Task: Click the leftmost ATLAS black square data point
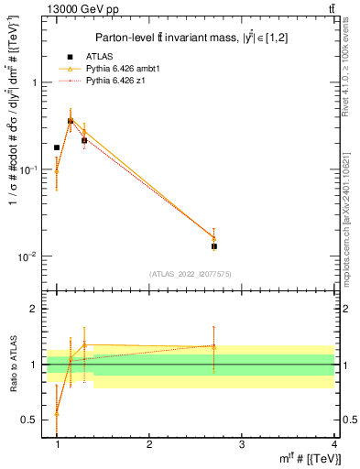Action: (57, 147)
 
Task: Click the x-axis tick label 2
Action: (149, 444)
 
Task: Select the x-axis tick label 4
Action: (334, 444)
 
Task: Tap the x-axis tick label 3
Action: (242, 444)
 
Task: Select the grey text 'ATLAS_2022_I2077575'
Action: (190, 274)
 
